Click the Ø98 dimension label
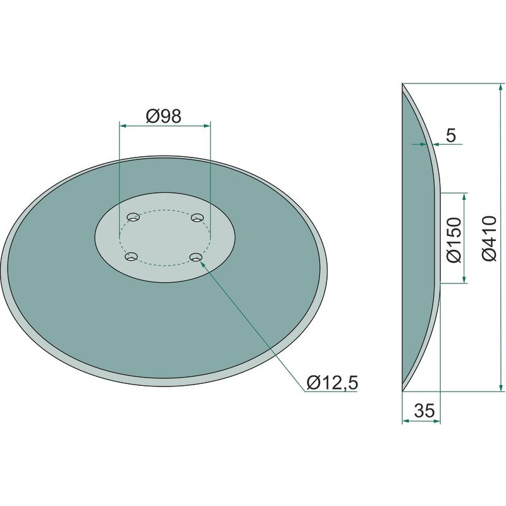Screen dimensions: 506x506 [x=163, y=116]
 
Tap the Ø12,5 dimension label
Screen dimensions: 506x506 [x=333, y=383]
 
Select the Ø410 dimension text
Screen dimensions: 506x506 [x=488, y=238]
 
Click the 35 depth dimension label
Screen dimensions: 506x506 [x=424, y=410]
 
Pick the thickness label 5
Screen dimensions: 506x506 [x=451, y=135]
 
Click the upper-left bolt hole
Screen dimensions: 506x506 [x=133, y=217]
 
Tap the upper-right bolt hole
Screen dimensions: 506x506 [x=197, y=218]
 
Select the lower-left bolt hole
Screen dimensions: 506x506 [x=131, y=257]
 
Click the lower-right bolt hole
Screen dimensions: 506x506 [x=196, y=257]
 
